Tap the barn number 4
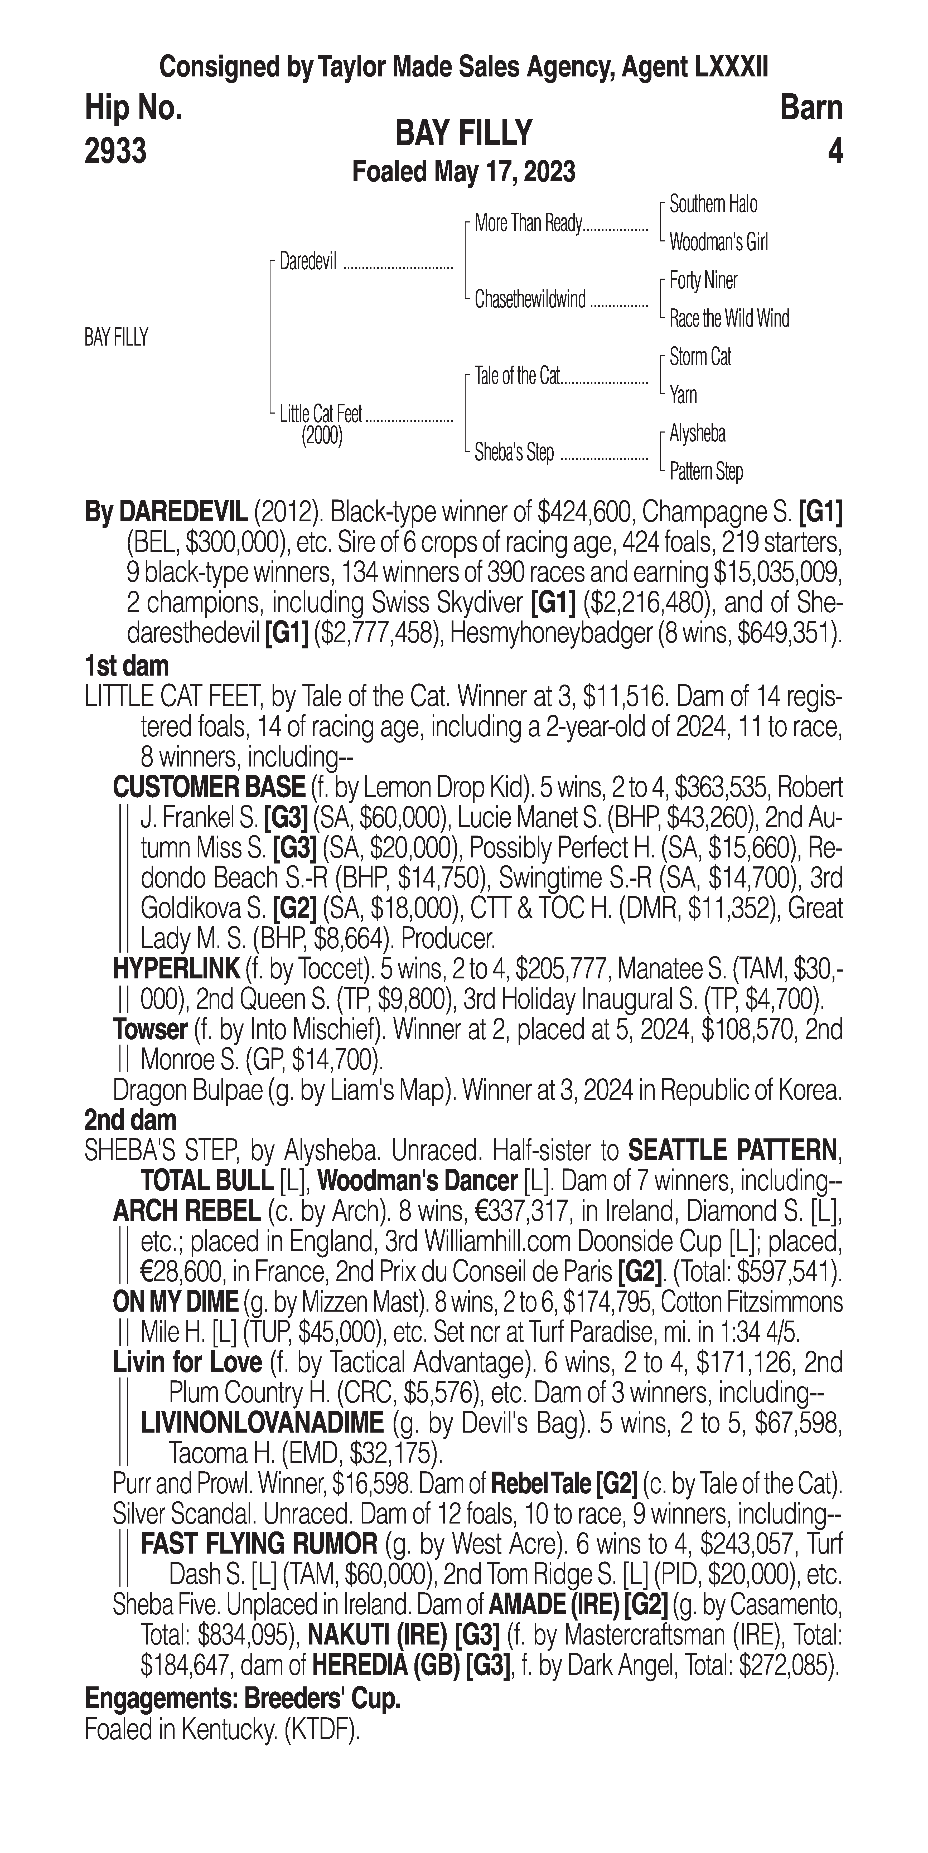point(834,152)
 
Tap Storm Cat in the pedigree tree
point(700,357)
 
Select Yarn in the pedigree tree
point(683,395)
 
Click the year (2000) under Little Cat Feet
point(322,436)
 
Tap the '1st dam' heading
point(127,666)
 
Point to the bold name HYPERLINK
point(176,969)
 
